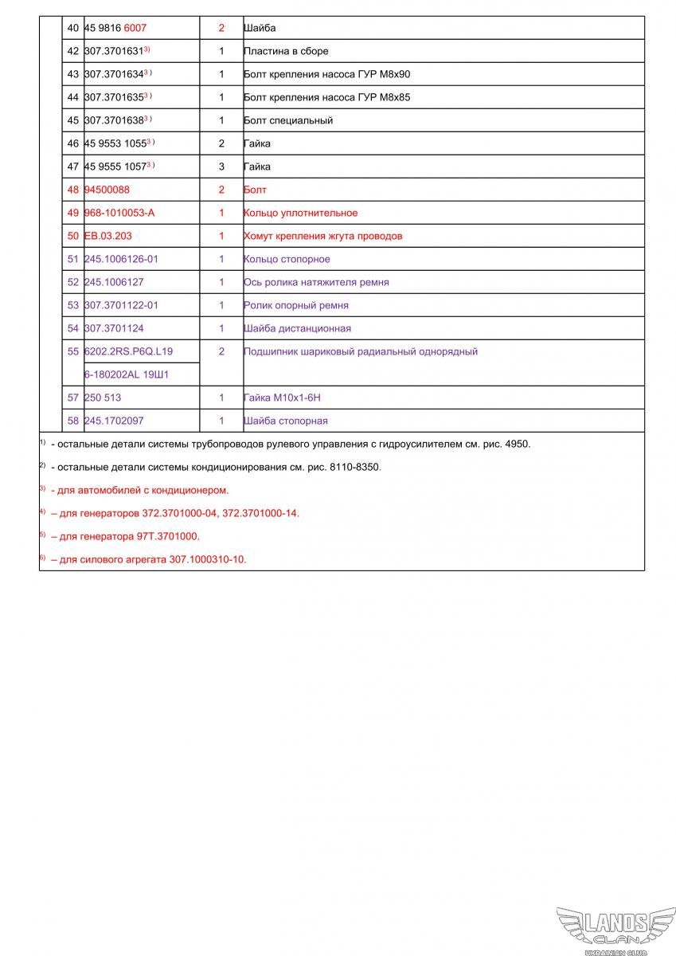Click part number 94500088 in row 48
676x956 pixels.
pyautogui.click(x=107, y=190)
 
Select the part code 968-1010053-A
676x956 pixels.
pyautogui.click(x=119, y=213)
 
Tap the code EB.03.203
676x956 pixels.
pyautogui.click(x=107, y=236)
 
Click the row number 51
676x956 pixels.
pyautogui.click(x=73, y=259)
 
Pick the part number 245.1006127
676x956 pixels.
pyautogui.click(x=114, y=282)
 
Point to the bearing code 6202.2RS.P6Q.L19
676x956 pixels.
pyautogui.click(x=128, y=351)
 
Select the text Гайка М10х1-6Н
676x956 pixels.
pyautogui.click(x=282, y=397)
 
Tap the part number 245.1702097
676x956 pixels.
pyautogui.click(x=114, y=421)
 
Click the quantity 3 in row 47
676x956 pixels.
pyautogui.click(x=221, y=167)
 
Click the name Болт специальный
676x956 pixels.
pyautogui.click(x=288, y=120)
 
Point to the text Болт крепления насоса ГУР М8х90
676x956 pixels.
pyautogui.click(x=326, y=74)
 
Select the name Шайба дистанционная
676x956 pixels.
pyautogui.click(x=297, y=328)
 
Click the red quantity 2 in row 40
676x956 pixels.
pyautogui.click(x=221, y=28)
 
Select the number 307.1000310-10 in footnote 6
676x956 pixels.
pyautogui.click(x=208, y=559)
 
